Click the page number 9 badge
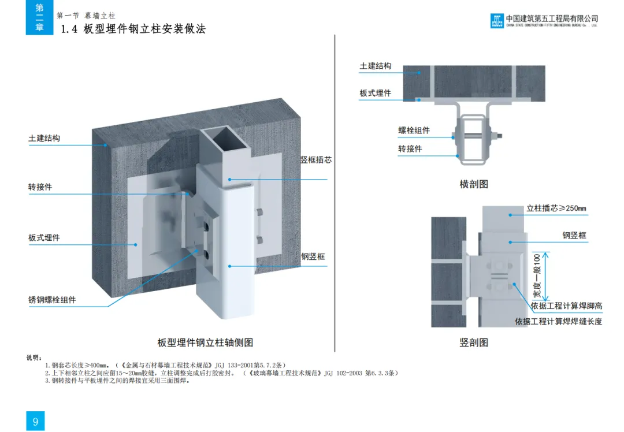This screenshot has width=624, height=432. coord(35,421)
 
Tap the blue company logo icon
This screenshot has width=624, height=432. coord(497,21)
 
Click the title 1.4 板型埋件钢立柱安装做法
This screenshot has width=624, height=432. coord(133,29)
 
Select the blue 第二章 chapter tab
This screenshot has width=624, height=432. coord(39,17)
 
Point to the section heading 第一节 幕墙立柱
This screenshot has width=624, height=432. coord(86,15)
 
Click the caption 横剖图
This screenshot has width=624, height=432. coord(474,184)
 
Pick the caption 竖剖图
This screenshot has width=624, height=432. coord(474,342)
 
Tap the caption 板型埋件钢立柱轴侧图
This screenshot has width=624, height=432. coord(206,342)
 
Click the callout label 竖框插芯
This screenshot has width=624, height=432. coord(315,160)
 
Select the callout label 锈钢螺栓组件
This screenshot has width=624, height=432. coord(52,300)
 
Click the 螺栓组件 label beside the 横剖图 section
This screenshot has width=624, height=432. coord(414,131)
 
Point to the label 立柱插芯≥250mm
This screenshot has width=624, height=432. coord(556,208)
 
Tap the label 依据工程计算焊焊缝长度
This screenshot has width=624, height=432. coord(559,321)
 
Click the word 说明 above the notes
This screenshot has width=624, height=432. coord(34,358)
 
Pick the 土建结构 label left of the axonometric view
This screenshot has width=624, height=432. coord(44,139)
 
